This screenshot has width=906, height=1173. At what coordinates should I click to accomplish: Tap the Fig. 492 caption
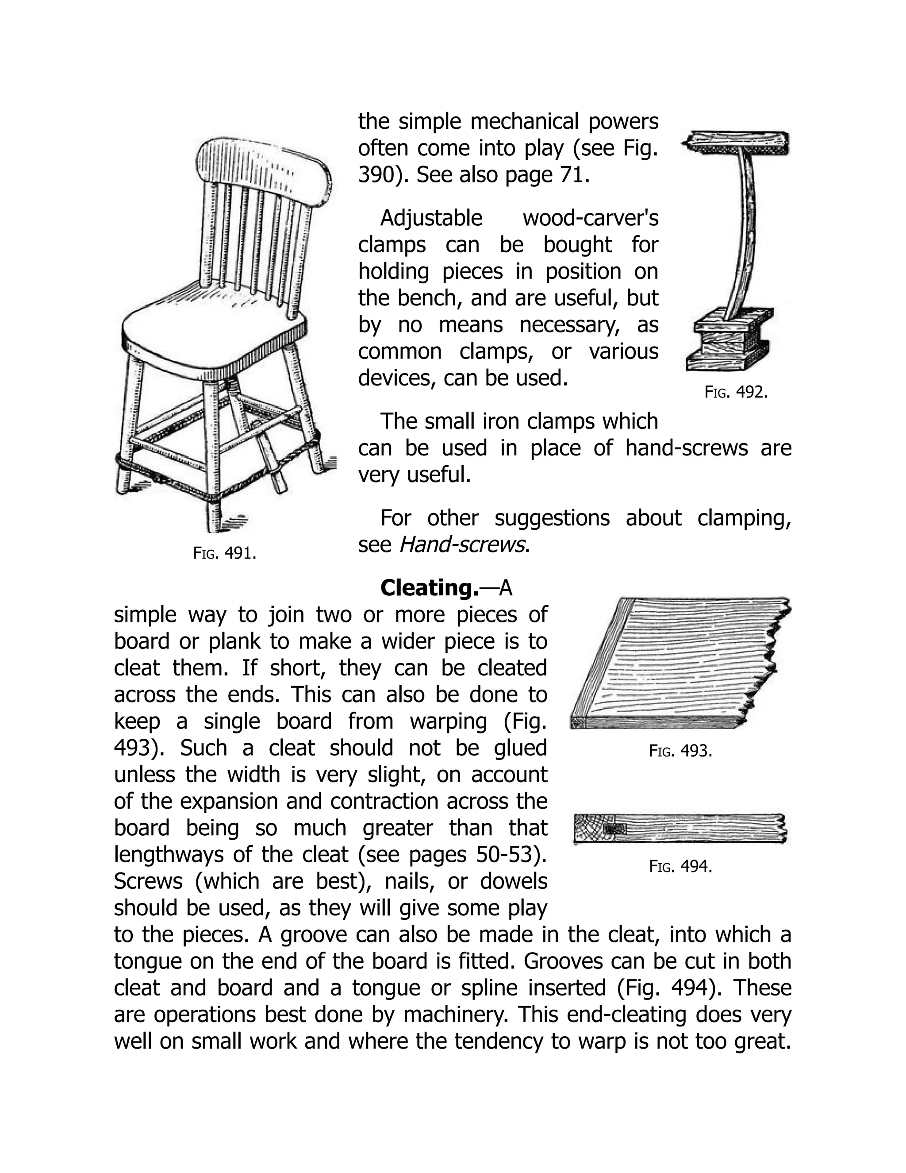736,392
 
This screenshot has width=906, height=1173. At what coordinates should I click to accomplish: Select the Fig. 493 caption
680,750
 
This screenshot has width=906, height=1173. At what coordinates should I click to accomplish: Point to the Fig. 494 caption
680,866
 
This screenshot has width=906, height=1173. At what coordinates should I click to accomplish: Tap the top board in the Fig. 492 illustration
737,143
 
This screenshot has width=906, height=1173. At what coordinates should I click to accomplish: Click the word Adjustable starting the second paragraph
431,218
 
